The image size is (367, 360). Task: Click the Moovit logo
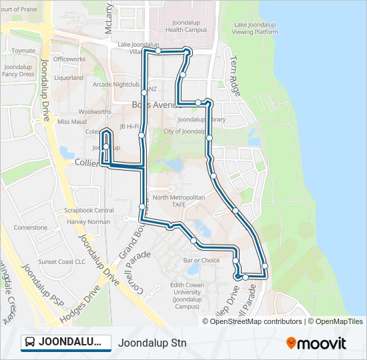[x=316, y=343]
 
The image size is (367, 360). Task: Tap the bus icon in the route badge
[x=30, y=343]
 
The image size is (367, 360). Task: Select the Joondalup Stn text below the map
[x=152, y=343]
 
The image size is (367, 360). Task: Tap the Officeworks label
[x=69, y=59]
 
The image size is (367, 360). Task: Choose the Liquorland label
[x=69, y=77]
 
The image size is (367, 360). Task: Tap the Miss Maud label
[x=72, y=121]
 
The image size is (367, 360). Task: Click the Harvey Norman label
[x=88, y=221]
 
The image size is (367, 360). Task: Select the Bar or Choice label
[x=201, y=260]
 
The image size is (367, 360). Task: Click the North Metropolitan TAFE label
[x=178, y=201]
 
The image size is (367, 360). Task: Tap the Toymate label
[x=23, y=51]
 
